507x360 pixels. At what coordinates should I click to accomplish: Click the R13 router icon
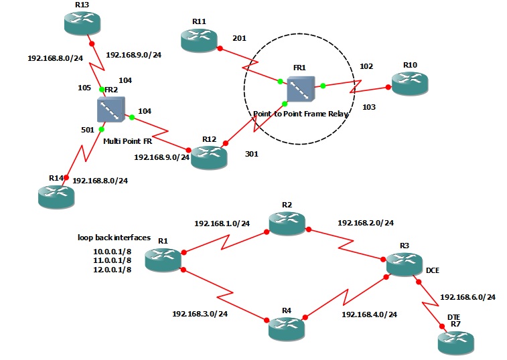(82, 24)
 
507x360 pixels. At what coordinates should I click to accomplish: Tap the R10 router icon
(410, 83)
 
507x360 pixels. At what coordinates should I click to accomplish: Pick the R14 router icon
(56, 195)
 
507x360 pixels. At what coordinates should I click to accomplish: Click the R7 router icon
(455, 343)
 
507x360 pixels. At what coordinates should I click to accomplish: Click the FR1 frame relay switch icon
(300, 90)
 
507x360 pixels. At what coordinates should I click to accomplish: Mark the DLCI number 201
(239, 39)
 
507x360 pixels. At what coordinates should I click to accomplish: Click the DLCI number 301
(252, 153)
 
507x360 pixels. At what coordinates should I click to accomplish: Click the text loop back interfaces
(113, 238)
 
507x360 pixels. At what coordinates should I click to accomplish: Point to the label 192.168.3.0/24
(200, 313)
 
